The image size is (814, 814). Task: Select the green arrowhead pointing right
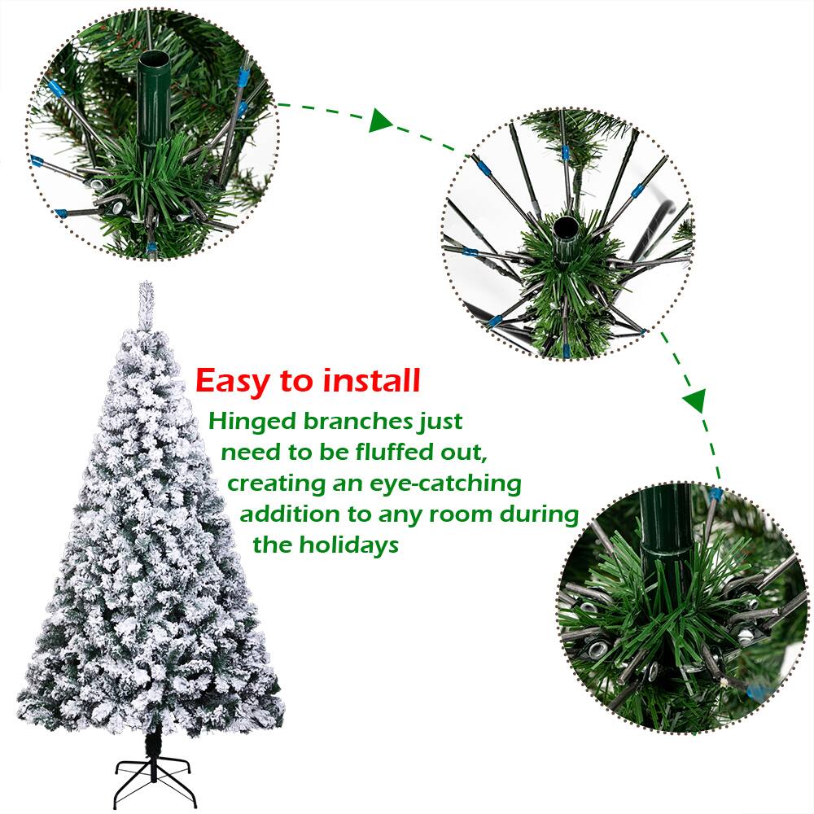pyautogui.click(x=380, y=122)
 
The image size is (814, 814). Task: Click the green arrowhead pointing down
pyautogui.click(x=694, y=400)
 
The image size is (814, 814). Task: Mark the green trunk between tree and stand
pyautogui.click(x=152, y=743)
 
